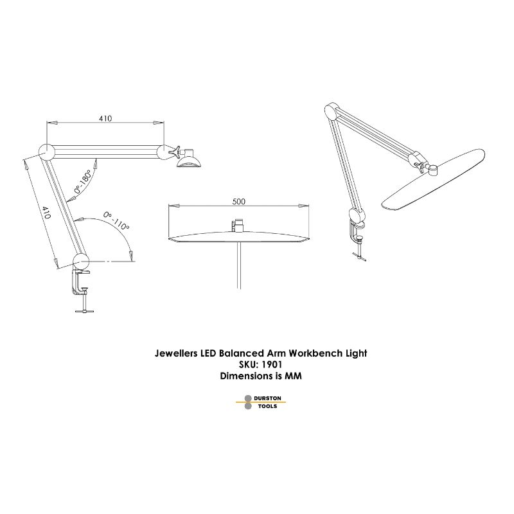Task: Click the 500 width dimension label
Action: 238,201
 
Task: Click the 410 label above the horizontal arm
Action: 105,118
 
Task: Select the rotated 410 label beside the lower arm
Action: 46,213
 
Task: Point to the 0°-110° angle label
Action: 116,220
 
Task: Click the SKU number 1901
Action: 272,364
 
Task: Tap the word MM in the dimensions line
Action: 293,376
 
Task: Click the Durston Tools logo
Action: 261,402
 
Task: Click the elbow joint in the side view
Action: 47,152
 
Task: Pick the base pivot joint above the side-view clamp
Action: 81,261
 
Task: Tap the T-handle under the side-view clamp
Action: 85,310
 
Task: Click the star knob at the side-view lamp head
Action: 175,152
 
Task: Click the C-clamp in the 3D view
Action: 358,235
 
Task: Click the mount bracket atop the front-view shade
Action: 238,226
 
